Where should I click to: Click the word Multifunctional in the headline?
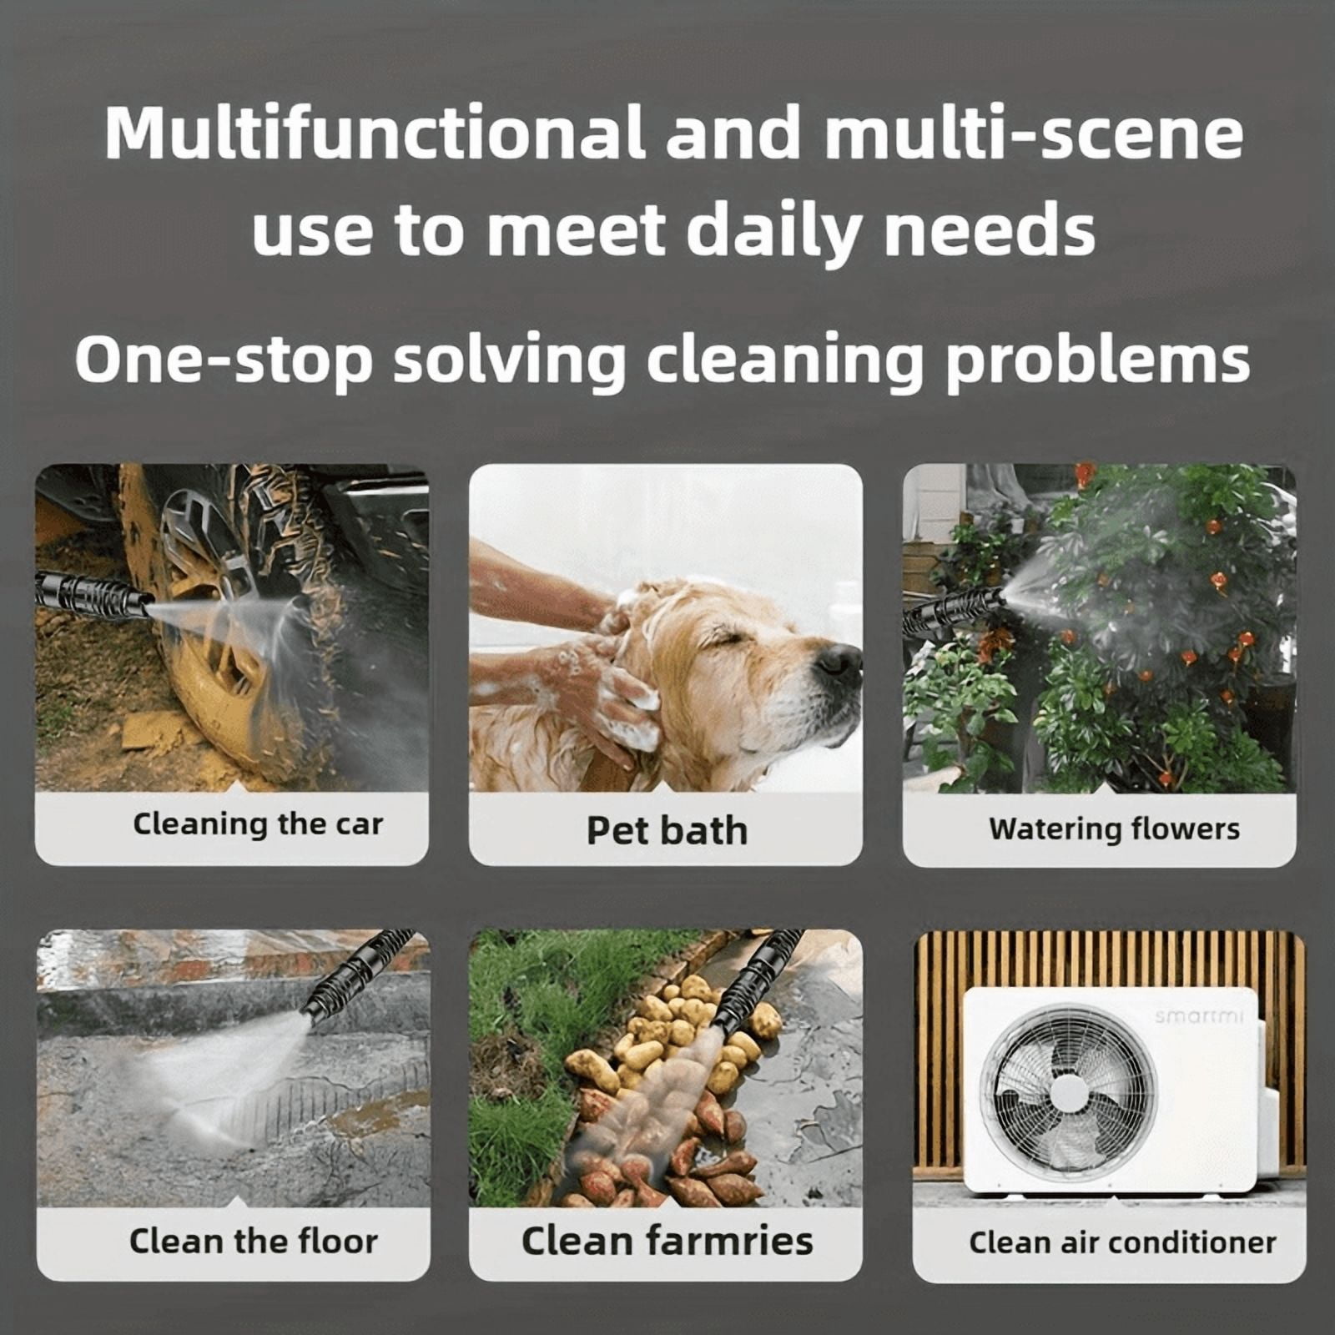375,134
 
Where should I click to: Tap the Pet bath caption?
667,830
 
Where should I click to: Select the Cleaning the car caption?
258,824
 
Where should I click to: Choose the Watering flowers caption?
1114,829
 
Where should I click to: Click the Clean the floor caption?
253,1241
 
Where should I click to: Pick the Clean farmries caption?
667,1240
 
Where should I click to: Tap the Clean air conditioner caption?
1122,1242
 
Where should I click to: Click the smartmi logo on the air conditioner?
1199,1015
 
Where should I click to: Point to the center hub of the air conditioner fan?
1068,1093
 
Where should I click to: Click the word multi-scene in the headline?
1034,134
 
